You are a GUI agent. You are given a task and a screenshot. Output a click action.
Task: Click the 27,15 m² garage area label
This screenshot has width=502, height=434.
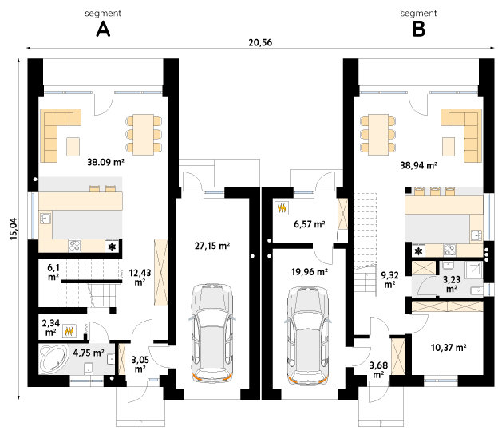212,246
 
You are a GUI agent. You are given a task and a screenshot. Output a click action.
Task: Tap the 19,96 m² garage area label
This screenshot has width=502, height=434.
310,272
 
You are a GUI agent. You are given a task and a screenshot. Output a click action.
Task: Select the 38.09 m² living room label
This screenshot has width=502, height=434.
105,162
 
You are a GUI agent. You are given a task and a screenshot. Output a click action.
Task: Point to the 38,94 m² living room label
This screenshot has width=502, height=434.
419,165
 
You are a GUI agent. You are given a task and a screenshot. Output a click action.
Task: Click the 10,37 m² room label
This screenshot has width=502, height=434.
449,347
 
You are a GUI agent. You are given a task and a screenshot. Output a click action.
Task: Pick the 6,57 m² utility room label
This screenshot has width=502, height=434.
310,224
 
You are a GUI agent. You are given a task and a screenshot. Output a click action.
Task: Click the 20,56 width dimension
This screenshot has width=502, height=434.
260,42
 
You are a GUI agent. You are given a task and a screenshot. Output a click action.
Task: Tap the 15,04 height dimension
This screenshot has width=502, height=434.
14,229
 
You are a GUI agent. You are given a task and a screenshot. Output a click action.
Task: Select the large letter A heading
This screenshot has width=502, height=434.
103,30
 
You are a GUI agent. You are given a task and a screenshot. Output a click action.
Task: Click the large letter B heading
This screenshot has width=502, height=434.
418,30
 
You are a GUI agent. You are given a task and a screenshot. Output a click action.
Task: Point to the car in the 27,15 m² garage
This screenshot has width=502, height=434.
212,333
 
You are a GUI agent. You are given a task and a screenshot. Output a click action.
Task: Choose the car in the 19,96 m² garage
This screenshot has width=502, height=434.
308,335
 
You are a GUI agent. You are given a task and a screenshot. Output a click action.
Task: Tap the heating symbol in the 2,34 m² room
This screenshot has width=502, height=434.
69,331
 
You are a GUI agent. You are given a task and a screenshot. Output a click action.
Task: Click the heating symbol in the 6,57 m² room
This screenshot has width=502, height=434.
282,208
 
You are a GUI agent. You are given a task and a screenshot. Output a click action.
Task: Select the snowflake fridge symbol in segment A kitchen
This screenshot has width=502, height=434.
112,247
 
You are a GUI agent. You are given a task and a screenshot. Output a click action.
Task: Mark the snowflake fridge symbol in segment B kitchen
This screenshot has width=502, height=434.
418,251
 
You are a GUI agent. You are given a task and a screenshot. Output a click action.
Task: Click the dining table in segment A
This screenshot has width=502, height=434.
144,134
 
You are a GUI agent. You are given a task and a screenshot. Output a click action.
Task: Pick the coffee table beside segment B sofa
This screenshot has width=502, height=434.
449,147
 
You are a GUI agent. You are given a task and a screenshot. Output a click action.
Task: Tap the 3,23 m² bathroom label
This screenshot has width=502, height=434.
452,284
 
